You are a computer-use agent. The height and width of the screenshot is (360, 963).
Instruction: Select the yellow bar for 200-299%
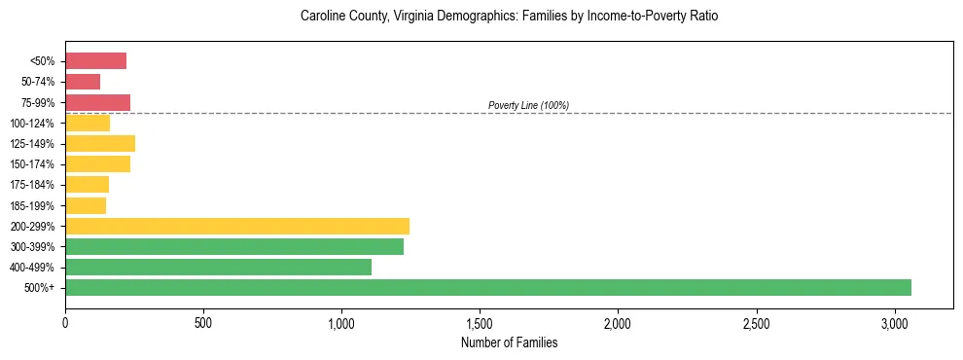point(237,226)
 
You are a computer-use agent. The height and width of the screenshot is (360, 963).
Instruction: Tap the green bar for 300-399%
point(234,246)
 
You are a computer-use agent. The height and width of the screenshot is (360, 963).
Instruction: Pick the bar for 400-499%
point(218,267)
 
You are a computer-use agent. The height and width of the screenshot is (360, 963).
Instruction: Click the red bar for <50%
point(95,61)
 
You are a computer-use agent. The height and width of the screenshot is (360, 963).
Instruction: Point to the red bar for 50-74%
point(83,82)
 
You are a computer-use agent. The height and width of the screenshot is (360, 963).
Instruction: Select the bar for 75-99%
point(97,102)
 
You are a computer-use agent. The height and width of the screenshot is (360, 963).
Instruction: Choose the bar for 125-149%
point(100,143)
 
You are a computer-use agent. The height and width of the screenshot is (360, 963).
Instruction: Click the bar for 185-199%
point(86,205)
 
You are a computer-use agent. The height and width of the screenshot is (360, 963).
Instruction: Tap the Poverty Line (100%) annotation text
point(528,105)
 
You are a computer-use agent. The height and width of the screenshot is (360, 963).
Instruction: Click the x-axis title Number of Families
point(509,342)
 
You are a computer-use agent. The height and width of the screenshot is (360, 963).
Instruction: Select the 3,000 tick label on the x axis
point(895,322)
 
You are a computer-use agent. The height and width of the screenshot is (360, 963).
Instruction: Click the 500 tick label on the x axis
point(203,322)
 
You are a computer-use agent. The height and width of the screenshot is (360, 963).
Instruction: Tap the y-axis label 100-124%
point(32,124)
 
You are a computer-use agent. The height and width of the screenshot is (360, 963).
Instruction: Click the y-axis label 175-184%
point(32,185)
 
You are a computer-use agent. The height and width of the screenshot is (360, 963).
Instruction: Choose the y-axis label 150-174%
point(32,164)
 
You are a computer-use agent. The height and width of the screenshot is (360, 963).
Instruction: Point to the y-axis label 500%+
point(40,288)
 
